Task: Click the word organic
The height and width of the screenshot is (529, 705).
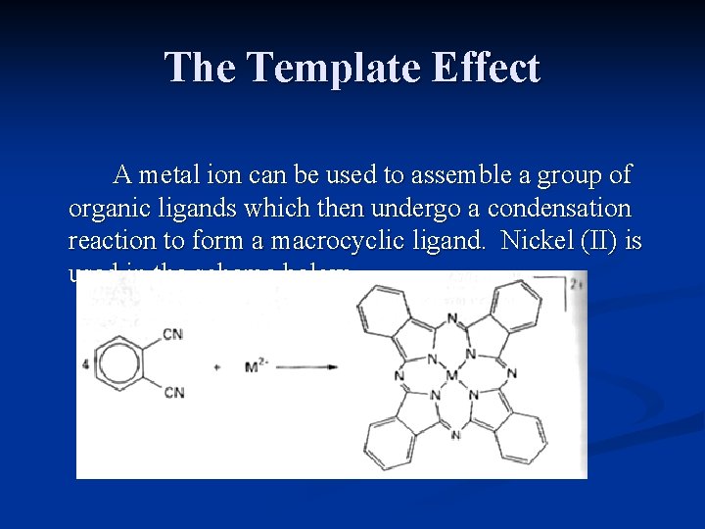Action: click(109, 209)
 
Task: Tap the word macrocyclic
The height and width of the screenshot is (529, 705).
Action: click(335, 241)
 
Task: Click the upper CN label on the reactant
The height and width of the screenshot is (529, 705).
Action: click(172, 335)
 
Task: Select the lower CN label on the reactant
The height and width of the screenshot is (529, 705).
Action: click(173, 394)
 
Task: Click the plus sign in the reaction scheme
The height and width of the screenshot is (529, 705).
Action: click(216, 367)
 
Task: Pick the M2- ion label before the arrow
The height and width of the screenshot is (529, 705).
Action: click(257, 366)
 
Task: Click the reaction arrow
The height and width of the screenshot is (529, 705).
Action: click(309, 367)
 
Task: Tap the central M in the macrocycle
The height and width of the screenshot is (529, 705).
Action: click(452, 374)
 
